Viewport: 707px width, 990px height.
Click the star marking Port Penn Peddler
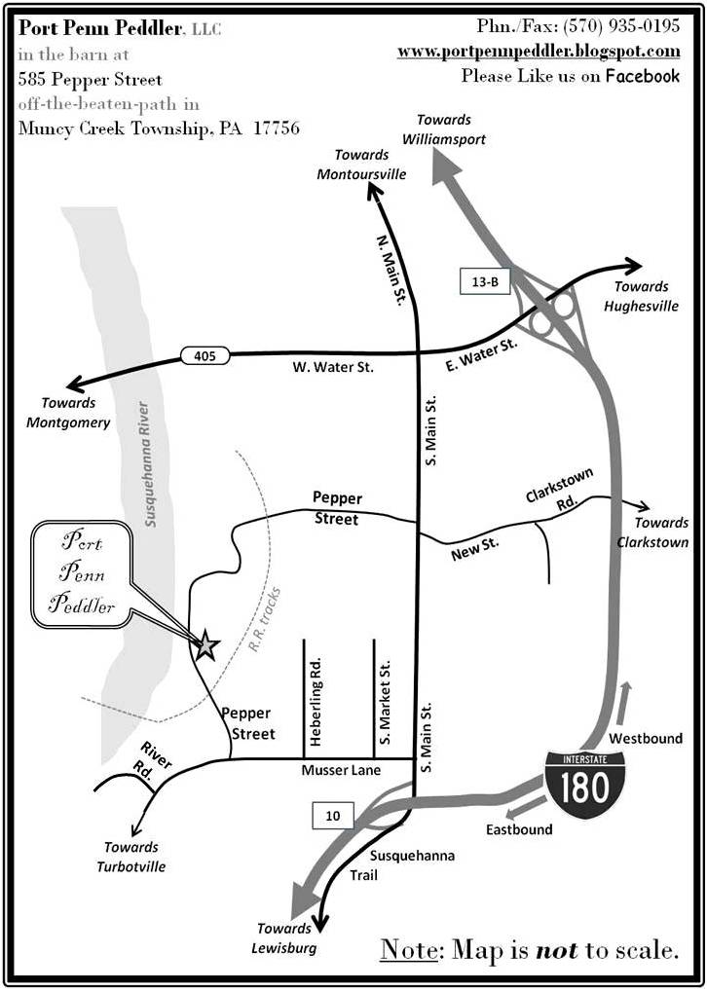206,644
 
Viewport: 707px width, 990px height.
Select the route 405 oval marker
204,356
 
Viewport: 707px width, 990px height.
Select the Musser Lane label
343,771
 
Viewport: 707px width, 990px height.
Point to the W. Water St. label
333,368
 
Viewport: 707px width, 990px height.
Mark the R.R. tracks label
264,617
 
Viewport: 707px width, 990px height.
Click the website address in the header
539,52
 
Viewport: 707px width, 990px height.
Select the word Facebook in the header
643,75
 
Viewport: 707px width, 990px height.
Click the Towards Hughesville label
641,296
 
